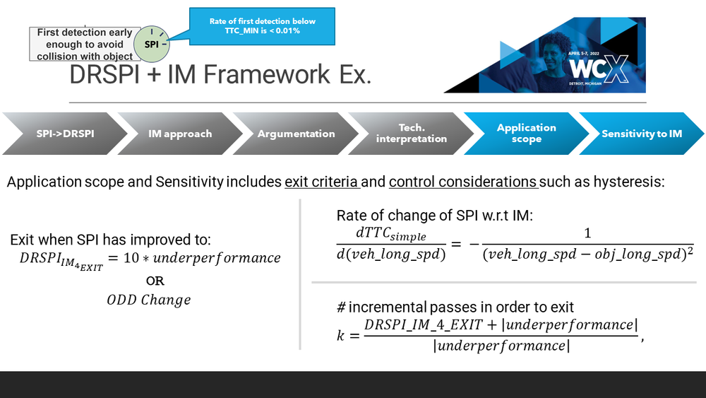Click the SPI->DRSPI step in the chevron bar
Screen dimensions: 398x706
click(x=60, y=134)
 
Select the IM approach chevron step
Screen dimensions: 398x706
click(x=179, y=134)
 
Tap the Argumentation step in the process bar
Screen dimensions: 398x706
click(x=296, y=134)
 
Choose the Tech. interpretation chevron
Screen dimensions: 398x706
click(x=412, y=134)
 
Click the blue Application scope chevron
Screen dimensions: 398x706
click(x=527, y=134)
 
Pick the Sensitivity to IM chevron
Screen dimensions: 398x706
click(x=641, y=134)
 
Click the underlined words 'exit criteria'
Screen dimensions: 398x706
click(x=322, y=182)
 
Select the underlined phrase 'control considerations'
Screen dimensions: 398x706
click(x=463, y=182)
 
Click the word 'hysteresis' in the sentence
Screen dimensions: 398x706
click(x=628, y=182)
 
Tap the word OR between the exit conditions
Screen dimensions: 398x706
click(x=155, y=281)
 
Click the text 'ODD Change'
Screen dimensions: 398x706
click(x=148, y=300)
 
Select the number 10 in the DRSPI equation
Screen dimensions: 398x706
click(x=131, y=258)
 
